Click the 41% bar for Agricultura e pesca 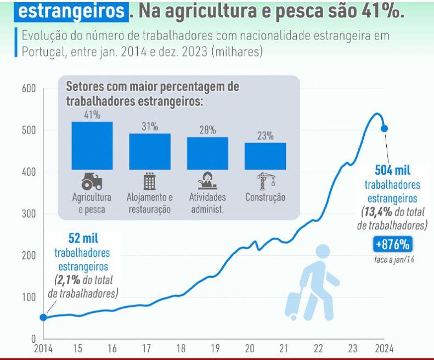[x=92, y=145]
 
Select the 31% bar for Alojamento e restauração [x=150, y=151]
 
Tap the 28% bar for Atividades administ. [x=207, y=153]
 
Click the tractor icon [x=92, y=181]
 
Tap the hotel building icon [x=150, y=180]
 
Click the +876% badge [x=393, y=244]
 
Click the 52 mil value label [x=83, y=239]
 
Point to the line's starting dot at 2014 [x=43, y=317]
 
